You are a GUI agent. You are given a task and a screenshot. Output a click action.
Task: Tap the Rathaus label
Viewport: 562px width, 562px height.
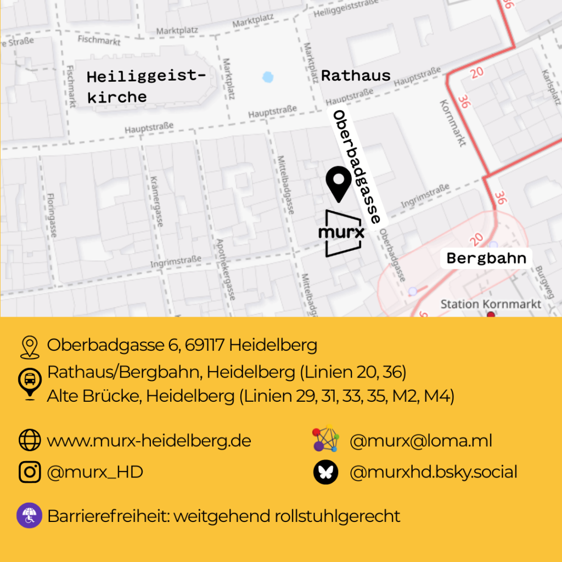click(x=356, y=76)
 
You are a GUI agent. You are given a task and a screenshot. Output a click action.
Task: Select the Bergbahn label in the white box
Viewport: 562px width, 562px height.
click(x=486, y=258)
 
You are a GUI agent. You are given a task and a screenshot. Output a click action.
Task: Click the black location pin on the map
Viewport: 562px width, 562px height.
click(x=339, y=185)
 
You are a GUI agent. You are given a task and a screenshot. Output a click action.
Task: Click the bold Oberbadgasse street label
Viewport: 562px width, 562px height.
click(x=357, y=166)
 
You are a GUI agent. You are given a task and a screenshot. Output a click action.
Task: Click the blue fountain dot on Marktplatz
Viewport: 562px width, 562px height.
click(x=267, y=77)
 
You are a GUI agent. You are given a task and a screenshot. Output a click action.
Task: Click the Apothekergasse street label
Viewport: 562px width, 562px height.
click(x=226, y=269)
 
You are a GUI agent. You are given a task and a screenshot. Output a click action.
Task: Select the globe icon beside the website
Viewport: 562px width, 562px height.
click(x=30, y=440)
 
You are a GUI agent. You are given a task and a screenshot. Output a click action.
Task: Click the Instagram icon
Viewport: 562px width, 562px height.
click(x=30, y=472)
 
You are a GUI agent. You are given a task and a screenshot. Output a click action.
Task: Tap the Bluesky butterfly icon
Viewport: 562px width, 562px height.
click(x=325, y=473)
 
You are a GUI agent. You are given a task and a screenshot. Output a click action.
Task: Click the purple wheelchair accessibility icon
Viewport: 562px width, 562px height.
click(x=29, y=516)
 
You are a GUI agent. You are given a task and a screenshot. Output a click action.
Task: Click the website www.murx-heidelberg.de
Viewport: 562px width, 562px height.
click(x=149, y=441)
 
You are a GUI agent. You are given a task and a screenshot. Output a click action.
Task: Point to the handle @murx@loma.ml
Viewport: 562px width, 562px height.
click(x=420, y=441)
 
